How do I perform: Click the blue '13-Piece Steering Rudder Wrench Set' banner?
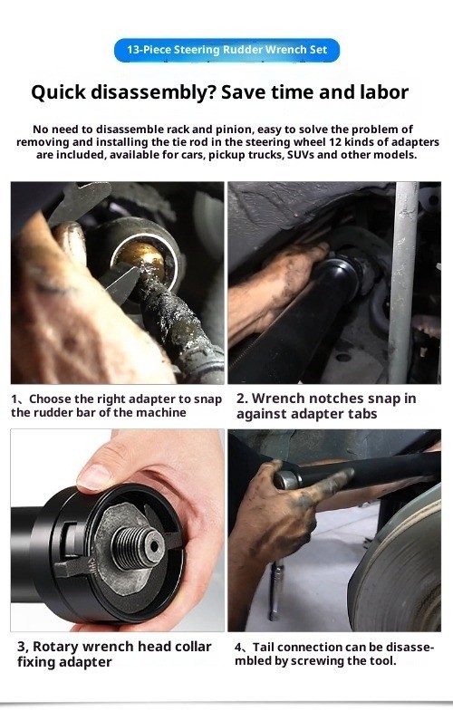click(x=226, y=50)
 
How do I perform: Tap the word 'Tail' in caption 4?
click(x=263, y=647)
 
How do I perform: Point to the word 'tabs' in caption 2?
click(x=362, y=414)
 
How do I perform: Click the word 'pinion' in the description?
click(x=231, y=130)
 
